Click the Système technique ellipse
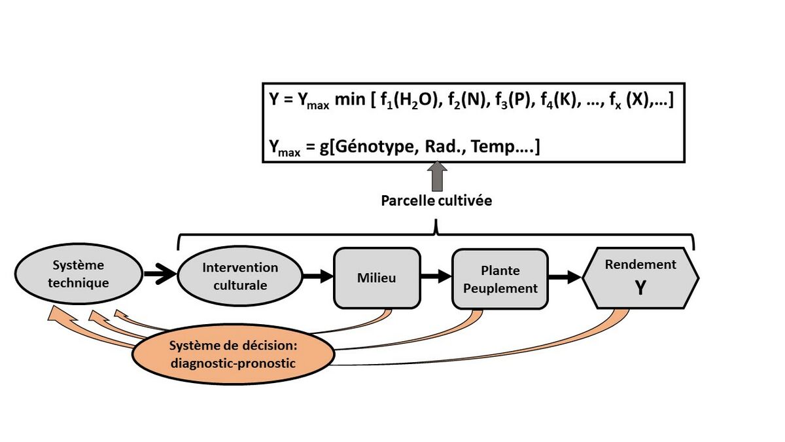tap(77, 274)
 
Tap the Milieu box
tap(376, 278)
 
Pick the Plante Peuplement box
tap(500, 278)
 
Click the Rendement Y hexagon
tap(640, 278)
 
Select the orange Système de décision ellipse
tap(233, 354)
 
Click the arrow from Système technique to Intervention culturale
tap(160, 275)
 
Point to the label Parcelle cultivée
tap(436, 201)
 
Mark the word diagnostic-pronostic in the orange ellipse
tap(234, 362)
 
